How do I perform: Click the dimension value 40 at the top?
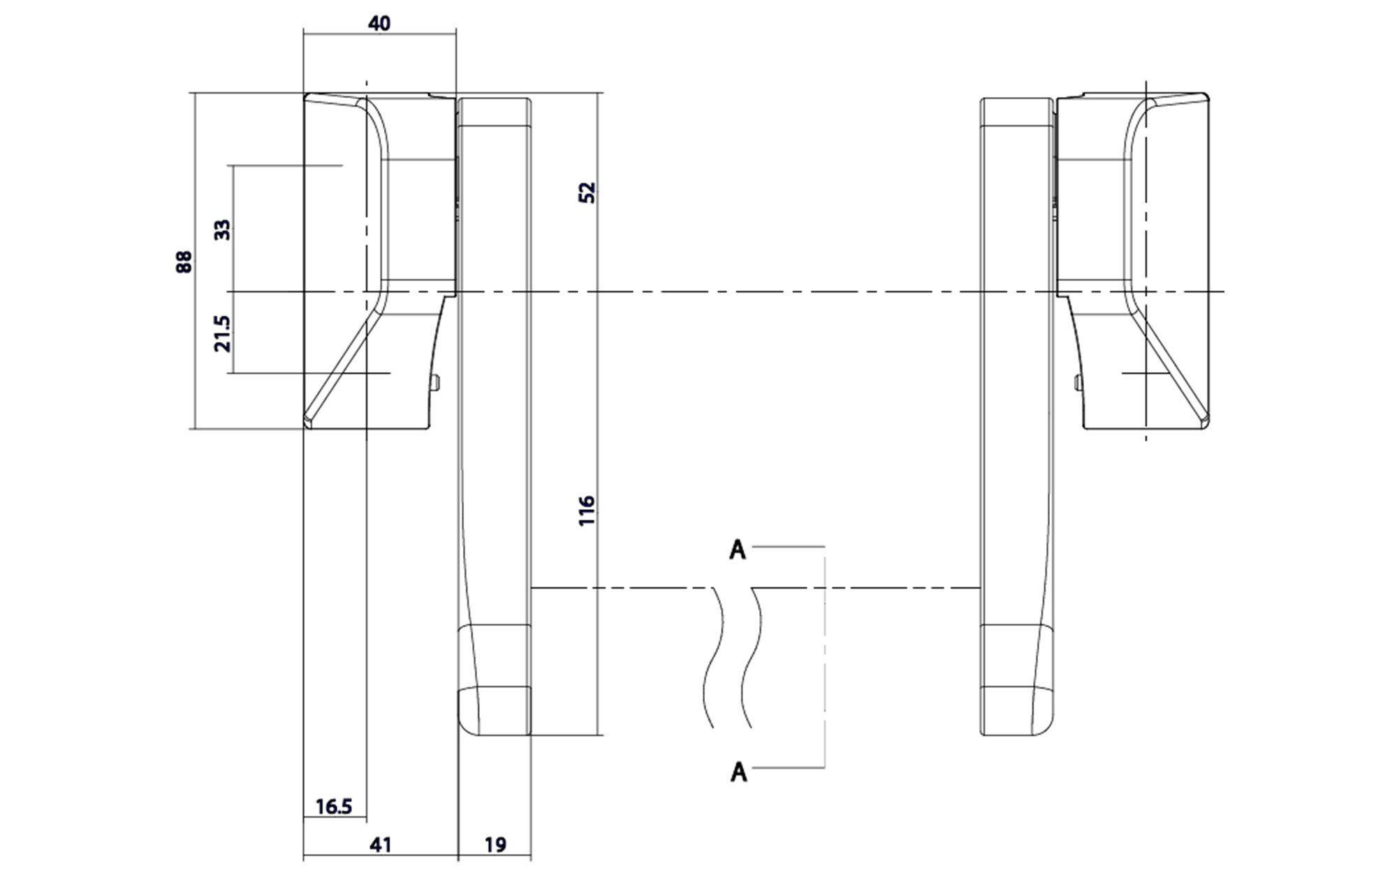click(x=379, y=23)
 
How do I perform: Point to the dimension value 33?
click(x=222, y=229)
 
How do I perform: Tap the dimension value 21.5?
click(x=222, y=333)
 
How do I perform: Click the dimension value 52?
click(x=587, y=192)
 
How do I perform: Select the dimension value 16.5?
click(x=333, y=807)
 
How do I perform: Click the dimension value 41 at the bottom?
click(x=380, y=845)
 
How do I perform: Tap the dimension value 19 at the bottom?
click(x=495, y=845)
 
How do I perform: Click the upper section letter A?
click(x=738, y=550)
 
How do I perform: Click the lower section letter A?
click(x=738, y=772)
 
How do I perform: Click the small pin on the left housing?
click(x=436, y=383)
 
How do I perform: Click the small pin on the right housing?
click(x=1076, y=383)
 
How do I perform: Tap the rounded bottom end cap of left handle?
click(x=493, y=711)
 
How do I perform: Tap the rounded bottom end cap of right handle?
click(x=1016, y=711)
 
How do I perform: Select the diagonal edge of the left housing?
click(x=338, y=367)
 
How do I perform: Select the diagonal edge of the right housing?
click(x=1173, y=367)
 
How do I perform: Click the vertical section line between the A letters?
click(x=825, y=656)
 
